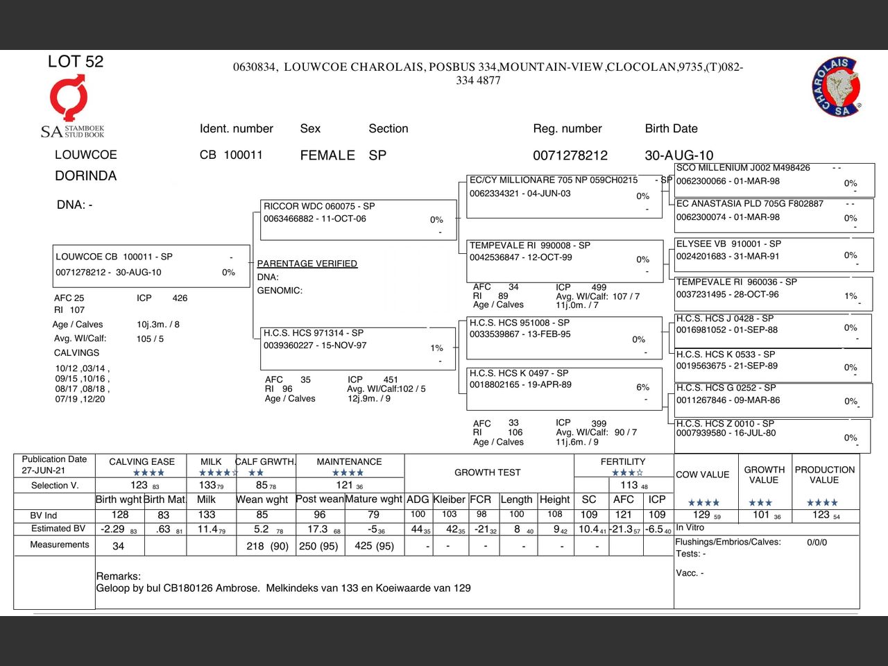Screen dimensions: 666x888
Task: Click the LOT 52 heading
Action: tap(75, 62)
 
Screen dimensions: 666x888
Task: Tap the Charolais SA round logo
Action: tap(837, 87)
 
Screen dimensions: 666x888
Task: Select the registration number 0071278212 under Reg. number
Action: tap(570, 155)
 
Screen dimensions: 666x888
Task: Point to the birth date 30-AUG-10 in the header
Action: tap(678, 155)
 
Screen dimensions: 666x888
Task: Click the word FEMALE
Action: tap(327, 155)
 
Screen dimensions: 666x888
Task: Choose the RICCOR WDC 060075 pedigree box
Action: tap(358, 219)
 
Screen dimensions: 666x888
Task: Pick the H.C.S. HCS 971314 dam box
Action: tap(358, 347)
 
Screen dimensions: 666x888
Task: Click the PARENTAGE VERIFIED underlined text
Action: tap(307, 264)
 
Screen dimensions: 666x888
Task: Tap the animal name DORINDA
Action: tap(85, 176)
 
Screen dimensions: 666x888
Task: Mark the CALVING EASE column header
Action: tap(142, 461)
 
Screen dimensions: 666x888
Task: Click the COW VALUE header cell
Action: tap(702, 475)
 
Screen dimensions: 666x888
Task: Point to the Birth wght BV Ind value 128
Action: tap(120, 515)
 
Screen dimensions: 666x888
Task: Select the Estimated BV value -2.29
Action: tap(112, 529)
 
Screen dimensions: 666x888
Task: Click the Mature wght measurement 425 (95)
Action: tap(374, 546)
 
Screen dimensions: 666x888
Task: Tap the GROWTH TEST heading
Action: tap(487, 472)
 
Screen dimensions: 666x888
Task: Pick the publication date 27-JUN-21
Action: tap(43, 470)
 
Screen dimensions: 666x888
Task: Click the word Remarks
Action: tap(118, 577)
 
